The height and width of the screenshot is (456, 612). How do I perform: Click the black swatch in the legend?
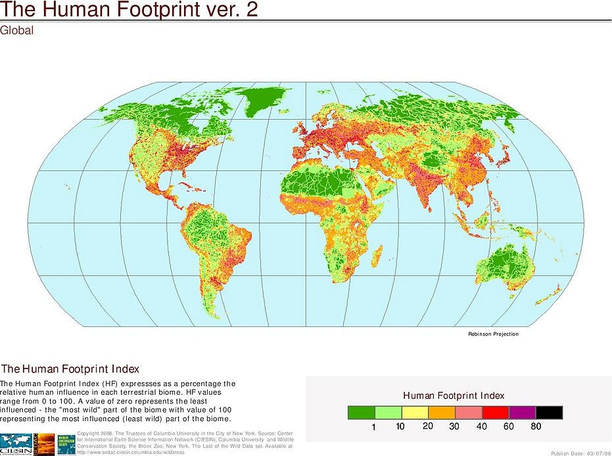[549, 413]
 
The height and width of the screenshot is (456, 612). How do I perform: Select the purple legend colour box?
[522, 413]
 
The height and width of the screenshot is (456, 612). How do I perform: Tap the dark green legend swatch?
[361, 413]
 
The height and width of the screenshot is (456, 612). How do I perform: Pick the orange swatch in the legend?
[442, 413]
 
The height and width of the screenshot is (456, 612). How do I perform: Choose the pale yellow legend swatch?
[415, 413]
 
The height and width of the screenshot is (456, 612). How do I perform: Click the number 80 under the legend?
[536, 426]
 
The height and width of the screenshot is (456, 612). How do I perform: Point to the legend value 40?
[482, 426]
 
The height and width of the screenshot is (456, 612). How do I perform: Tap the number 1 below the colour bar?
[373, 426]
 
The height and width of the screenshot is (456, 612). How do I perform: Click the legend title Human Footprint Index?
[454, 395]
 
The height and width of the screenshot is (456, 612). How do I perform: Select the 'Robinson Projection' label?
[493, 334]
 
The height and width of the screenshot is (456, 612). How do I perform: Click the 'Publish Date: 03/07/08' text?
[580, 453]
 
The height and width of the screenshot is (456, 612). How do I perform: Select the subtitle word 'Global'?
[16, 30]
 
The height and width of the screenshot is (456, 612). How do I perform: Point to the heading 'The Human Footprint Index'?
[70, 369]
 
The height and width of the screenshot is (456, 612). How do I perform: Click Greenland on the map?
[263, 102]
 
